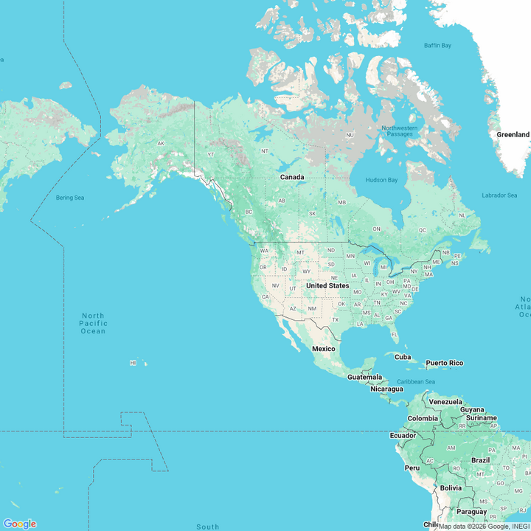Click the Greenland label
point(513,135)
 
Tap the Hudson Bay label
point(381,180)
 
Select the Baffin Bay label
point(437,46)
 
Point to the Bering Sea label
point(71,198)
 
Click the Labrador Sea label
point(499,195)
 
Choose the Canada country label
point(291,177)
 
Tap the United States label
point(327,285)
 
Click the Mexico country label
point(323,348)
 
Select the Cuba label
point(403,357)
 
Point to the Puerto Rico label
point(444,363)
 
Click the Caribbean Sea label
point(416,381)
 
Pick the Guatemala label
point(365,377)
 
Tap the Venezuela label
point(445,402)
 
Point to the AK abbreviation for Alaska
point(161,144)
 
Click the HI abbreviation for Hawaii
point(133,363)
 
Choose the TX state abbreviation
point(335,319)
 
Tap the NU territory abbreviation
point(350,135)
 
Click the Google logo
point(20,524)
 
